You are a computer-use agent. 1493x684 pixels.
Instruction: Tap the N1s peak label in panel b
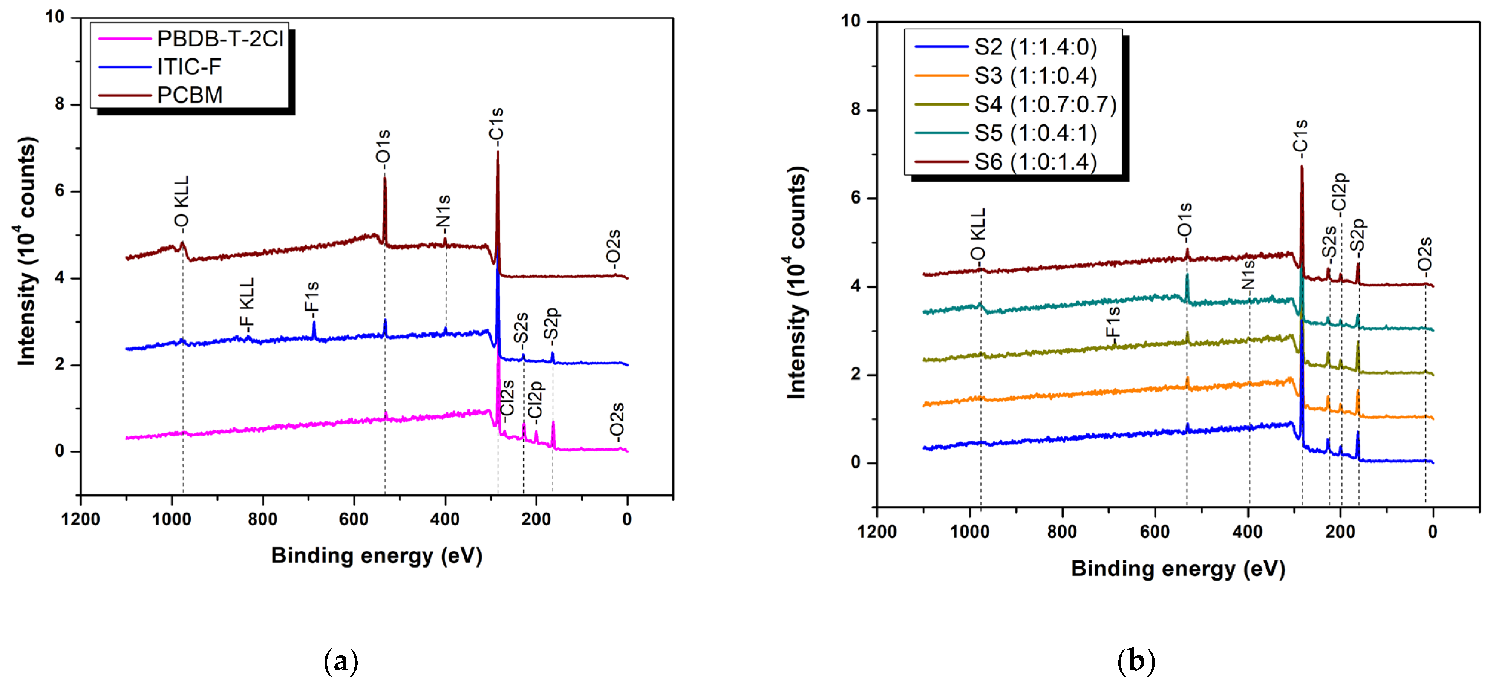[1248, 276]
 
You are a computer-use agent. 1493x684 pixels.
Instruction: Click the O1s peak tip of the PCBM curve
[385, 179]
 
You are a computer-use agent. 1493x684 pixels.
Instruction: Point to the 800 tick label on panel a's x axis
[263, 519]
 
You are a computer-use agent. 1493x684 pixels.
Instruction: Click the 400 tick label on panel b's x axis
[1247, 532]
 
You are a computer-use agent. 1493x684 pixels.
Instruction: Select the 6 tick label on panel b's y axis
[856, 198]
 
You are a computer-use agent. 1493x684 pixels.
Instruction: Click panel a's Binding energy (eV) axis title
[377, 555]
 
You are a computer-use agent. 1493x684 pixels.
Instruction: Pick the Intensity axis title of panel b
[798, 282]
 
